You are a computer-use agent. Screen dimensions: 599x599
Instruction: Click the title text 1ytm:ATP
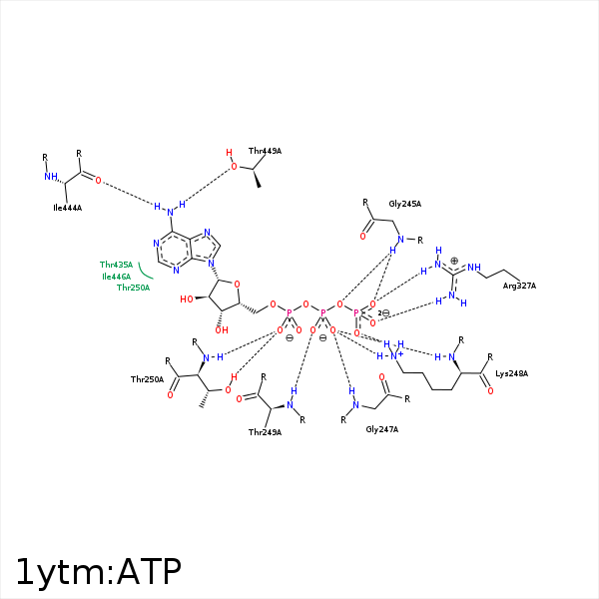[x=98, y=571]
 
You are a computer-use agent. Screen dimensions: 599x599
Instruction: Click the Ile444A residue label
[x=67, y=209]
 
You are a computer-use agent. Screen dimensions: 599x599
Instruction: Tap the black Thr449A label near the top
[x=265, y=151]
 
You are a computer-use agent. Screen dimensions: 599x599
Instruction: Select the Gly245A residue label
[x=405, y=204]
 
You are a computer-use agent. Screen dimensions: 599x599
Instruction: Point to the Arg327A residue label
[x=519, y=287]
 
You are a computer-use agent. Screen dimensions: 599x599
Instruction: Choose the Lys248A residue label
[x=512, y=373]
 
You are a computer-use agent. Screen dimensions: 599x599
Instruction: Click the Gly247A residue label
[x=381, y=428]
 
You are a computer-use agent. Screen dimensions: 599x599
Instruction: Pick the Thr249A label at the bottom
[x=265, y=432]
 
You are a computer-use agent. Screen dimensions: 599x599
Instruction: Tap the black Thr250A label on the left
[x=147, y=379]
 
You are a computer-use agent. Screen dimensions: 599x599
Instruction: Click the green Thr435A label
[x=116, y=265]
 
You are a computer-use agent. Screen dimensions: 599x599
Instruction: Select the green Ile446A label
[x=116, y=276]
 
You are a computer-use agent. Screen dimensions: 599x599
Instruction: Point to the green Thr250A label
[x=133, y=288]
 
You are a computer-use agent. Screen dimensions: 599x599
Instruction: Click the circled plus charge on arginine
[x=454, y=261]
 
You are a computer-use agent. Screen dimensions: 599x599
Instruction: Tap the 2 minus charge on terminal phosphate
[x=384, y=313]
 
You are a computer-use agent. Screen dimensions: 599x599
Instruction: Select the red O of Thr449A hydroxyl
[x=234, y=167]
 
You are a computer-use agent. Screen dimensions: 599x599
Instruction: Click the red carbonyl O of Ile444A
[x=98, y=181]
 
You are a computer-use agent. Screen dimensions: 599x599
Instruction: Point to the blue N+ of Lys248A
[x=395, y=355]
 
